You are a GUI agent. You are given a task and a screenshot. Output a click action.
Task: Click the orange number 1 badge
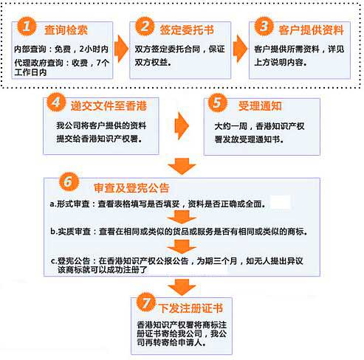(27, 27)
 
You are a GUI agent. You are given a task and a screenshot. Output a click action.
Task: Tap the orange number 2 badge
(145, 26)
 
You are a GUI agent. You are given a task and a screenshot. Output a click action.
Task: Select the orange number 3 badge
(264, 26)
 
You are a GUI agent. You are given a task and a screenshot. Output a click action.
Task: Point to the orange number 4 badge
(56, 102)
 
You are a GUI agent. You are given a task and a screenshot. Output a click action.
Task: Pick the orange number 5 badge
(218, 103)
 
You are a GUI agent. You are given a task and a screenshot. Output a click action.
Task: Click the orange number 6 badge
(69, 181)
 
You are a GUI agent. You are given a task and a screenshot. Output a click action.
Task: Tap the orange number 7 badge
(146, 302)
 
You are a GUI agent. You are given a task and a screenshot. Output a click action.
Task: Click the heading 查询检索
(66, 30)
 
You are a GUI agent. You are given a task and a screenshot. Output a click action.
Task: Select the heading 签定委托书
(187, 30)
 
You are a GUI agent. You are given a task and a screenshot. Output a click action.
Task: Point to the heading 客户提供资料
(311, 30)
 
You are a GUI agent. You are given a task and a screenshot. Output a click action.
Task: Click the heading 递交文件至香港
(109, 106)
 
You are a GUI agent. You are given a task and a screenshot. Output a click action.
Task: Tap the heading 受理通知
(260, 106)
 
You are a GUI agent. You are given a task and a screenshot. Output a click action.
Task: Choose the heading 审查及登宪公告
(131, 188)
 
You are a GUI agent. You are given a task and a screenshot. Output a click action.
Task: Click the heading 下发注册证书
(190, 308)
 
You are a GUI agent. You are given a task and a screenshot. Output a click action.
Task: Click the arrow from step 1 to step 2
(121, 49)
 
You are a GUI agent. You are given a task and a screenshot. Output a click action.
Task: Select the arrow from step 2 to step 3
(240, 49)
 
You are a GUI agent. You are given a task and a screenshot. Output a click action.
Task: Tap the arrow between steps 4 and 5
(182, 126)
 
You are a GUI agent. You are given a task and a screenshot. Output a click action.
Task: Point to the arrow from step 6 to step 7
(182, 287)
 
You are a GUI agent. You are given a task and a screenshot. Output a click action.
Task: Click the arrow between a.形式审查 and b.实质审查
(182, 217)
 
